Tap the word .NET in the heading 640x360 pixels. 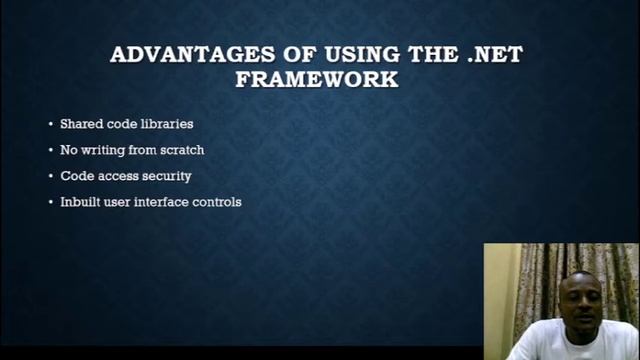pos(494,54)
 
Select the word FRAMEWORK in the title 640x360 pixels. pos(317,79)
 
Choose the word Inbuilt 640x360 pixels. pos(78,202)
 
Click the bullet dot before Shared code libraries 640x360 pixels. pos(51,125)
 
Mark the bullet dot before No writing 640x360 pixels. pos(51,151)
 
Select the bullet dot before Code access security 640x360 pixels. pos(51,177)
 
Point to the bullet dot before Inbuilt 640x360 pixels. pos(51,203)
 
